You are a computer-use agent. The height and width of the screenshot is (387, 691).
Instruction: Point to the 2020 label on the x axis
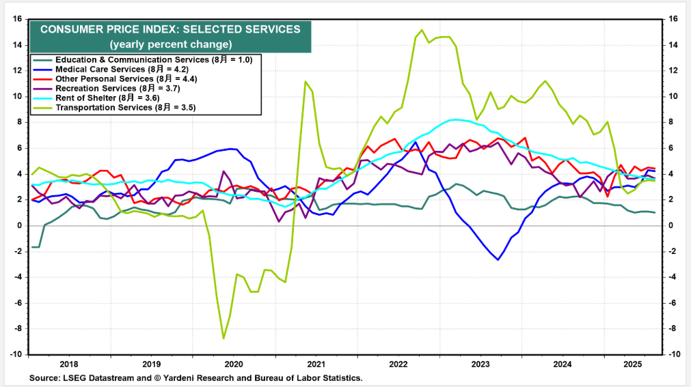(x=233, y=365)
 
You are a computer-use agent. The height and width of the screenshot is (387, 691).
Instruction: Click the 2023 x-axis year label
(x=480, y=365)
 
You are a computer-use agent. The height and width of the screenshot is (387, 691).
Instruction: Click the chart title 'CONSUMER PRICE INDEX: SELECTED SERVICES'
(x=170, y=29)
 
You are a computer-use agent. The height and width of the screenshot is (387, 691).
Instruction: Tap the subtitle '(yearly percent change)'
(x=170, y=44)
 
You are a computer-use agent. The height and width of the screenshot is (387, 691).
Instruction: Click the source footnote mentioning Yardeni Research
(x=195, y=377)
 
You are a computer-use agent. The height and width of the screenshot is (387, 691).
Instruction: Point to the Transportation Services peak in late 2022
(x=422, y=30)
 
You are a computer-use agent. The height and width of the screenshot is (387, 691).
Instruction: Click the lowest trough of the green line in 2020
(x=223, y=338)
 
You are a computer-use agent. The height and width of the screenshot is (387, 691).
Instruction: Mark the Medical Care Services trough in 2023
(x=498, y=260)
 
